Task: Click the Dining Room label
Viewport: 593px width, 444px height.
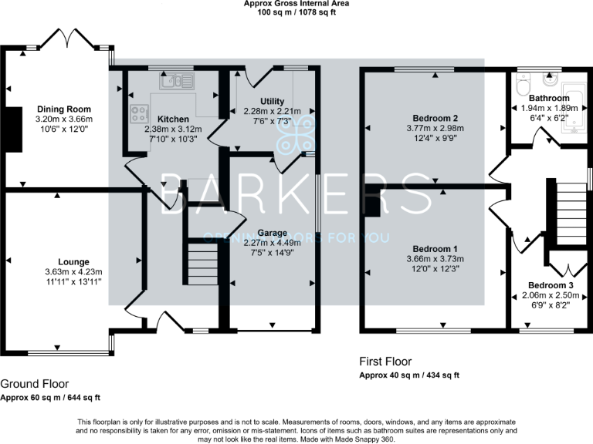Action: (64, 109)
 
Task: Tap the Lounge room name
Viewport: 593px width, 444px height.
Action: (73, 261)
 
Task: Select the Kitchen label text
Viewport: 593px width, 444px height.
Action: (173, 119)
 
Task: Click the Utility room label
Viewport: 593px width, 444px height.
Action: (272, 101)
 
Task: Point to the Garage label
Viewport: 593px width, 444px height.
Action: (272, 232)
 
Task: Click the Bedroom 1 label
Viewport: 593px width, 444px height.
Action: (430, 249)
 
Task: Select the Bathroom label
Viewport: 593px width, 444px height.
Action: (549, 99)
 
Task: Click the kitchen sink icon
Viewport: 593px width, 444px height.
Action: (178, 79)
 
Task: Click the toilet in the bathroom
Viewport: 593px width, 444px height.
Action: (523, 81)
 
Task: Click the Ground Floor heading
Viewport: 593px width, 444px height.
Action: (34, 383)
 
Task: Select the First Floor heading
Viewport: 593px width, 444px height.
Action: (386, 361)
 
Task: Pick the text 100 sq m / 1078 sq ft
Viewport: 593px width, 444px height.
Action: (296, 13)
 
